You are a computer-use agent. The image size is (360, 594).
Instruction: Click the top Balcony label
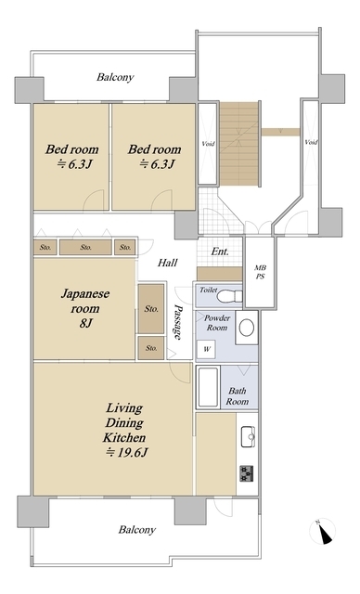(x=115, y=78)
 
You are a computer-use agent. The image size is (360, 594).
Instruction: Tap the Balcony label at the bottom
(x=136, y=529)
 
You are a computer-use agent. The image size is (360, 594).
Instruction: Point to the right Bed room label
(x=154, y=156)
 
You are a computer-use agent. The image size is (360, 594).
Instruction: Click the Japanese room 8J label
(x=84, y=307)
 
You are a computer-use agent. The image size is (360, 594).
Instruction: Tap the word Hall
(x=167, y=264)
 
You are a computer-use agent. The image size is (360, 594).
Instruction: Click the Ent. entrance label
(x=220, y=252)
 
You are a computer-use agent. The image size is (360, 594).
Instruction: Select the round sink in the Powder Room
(x=247, y=327)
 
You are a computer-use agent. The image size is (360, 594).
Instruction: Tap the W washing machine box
(x=206, y=350)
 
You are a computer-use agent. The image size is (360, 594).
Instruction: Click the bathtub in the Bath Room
(x=208, y=388)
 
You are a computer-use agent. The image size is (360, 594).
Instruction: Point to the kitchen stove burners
(x=248, y=473)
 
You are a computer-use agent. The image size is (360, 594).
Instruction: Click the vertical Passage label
(x=177, y=329)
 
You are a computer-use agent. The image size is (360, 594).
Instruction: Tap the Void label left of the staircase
(x=208, y=143)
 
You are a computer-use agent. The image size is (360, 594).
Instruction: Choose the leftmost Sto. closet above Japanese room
(x=45, y=248)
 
